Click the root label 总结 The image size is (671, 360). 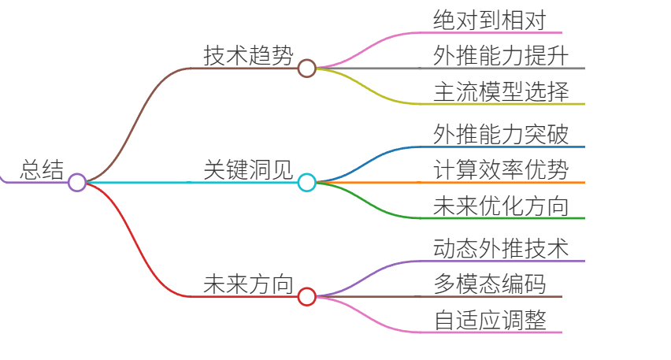tap(42, 170)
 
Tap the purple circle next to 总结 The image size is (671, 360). tap(77, 182)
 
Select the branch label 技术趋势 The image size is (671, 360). tap(248, 56)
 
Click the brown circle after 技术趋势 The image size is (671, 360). tap(307, 68)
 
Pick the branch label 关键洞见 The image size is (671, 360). tap(248, 170)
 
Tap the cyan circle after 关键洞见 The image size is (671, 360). tap(307, 182)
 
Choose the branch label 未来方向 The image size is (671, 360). tap(248, 284)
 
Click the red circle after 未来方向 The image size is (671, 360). tap(307, 297)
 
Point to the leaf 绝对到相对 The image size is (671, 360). tap(490, 20)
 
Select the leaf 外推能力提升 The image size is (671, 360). tap(501, 56)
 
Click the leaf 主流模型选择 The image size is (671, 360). tap(501, 91)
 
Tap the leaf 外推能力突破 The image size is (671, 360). tap(501, 135)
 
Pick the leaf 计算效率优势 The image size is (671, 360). tap(501, 170)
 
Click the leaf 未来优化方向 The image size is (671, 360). tap(501, 206)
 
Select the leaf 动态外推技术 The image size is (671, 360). tap(501, 249)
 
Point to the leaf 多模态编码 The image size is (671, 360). tap(490, 284)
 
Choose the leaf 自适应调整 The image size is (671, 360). tap(490, 320)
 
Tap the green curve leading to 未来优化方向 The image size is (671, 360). tap(369, 201)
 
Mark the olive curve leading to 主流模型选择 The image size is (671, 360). tap(369, 87)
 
